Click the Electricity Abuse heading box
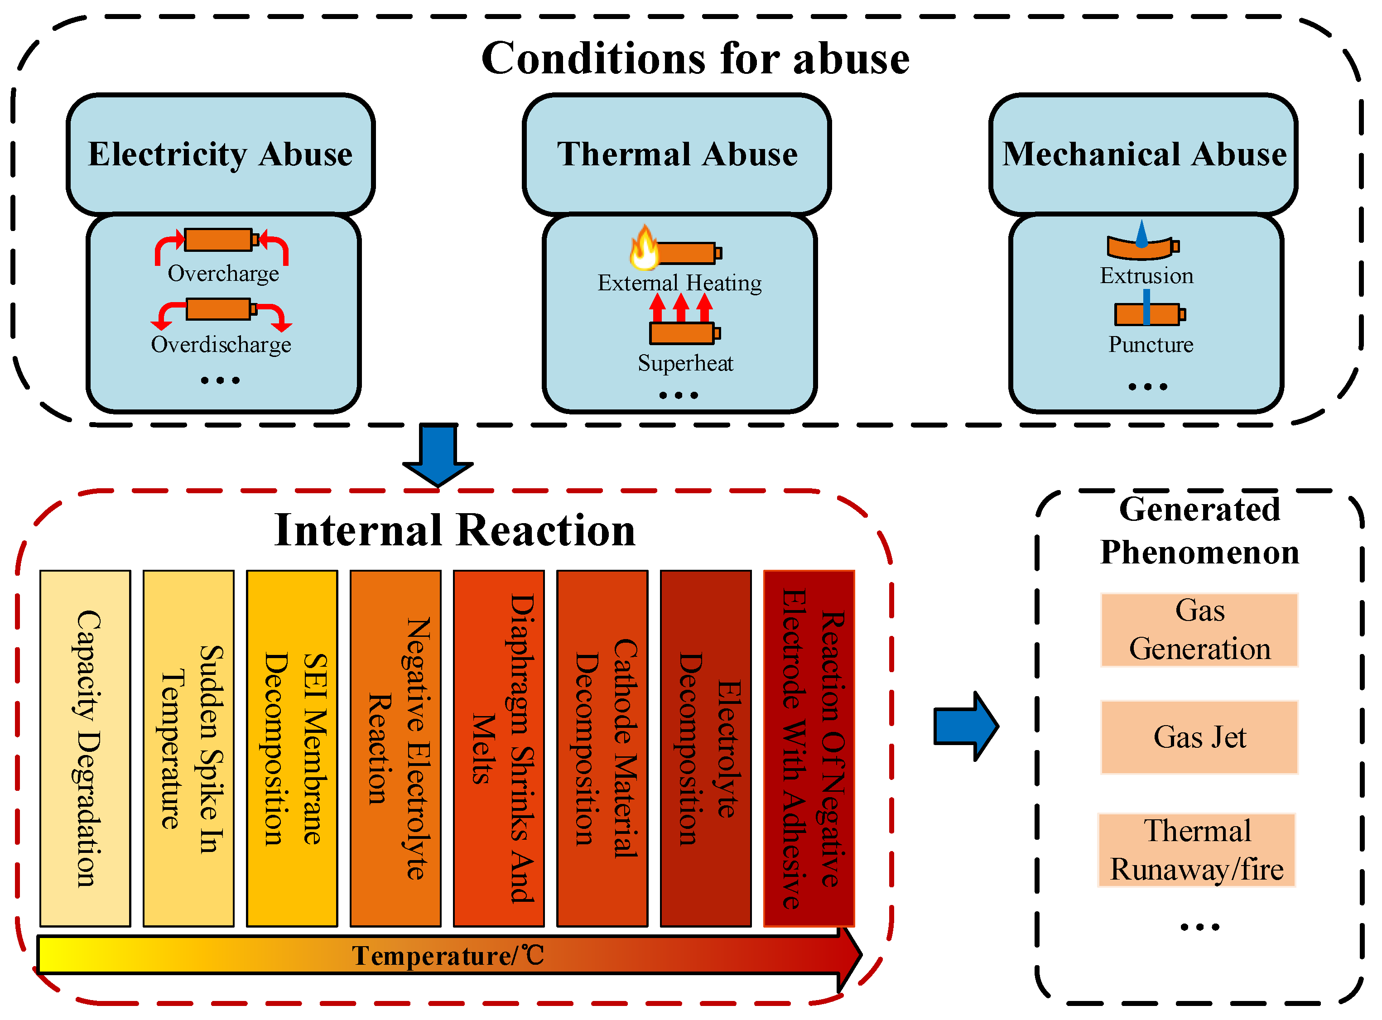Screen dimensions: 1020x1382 221,154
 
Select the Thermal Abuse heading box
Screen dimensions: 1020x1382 677,154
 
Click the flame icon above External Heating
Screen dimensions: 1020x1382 644,248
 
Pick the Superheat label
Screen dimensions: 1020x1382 685,363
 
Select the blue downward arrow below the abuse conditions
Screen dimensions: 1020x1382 438,456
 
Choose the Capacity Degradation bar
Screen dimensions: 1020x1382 85,748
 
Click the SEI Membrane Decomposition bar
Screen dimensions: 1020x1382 292,748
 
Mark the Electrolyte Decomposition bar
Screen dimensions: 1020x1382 706,748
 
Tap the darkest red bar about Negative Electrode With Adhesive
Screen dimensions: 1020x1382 809,748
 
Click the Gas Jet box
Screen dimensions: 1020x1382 1199,737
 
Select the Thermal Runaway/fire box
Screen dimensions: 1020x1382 1197,850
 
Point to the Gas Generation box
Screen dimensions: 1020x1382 1199,630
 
